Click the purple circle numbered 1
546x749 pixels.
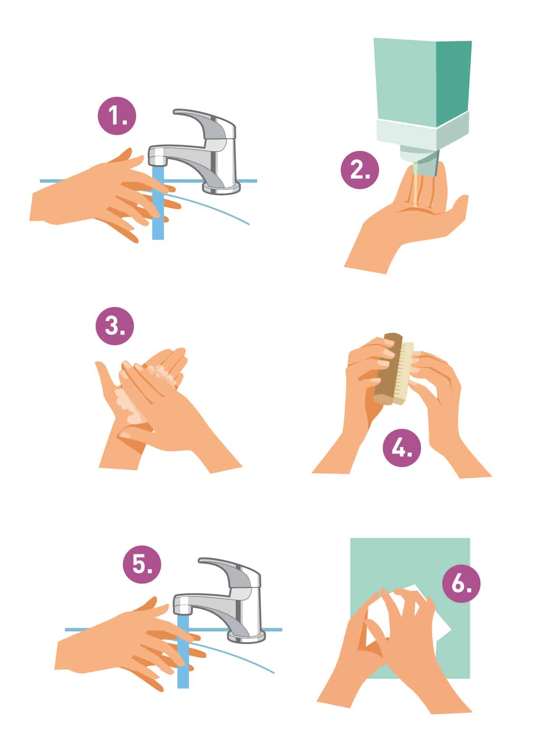coord(116,117)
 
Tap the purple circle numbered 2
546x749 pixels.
coord(359,170)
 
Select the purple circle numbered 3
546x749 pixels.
coord(115,326)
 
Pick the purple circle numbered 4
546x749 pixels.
coord(402,448)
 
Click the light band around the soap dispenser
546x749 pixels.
coord(421,131)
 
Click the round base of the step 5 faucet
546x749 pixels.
coord(246,637)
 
